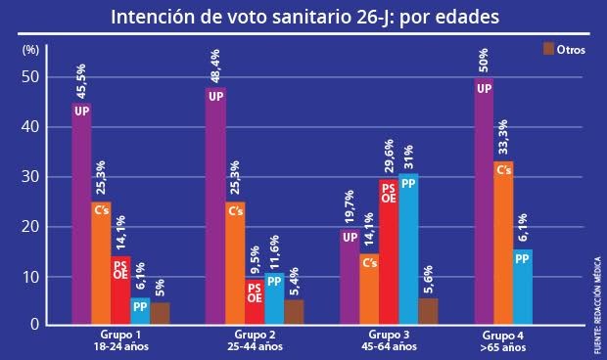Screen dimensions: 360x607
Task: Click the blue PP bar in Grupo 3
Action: point(408,248)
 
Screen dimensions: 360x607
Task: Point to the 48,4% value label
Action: point(216,67)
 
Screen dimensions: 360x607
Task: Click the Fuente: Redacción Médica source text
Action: point(596,304)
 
